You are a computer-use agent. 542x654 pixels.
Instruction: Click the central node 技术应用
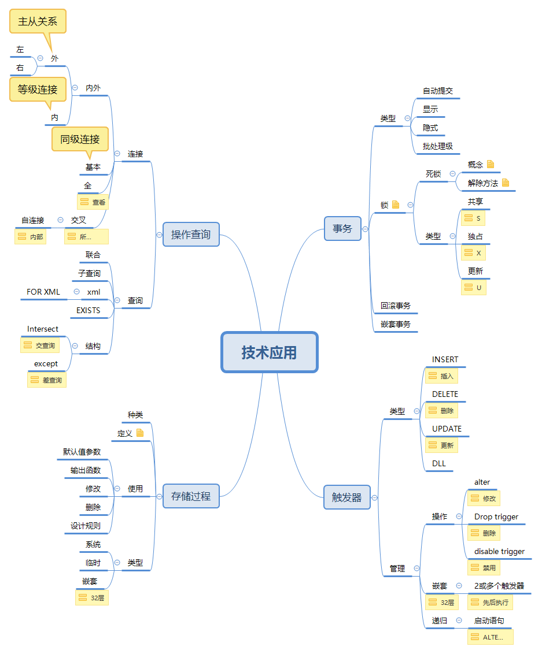270,352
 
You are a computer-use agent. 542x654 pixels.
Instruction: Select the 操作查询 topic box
191,234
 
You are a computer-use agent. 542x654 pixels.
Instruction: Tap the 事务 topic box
342,228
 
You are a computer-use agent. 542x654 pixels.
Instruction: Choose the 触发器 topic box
346,497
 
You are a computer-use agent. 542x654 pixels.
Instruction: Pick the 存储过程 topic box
191,496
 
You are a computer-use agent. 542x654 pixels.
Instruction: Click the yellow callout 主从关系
38,22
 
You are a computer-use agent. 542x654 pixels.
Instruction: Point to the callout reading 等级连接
38,90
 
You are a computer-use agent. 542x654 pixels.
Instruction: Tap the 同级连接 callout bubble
80,139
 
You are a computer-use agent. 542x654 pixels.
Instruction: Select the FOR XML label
43,292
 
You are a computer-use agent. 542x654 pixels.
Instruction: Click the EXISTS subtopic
88,310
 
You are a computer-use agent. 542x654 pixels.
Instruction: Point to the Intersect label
43,329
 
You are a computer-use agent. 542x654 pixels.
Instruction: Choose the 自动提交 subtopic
437,91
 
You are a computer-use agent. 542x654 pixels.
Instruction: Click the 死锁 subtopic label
433,173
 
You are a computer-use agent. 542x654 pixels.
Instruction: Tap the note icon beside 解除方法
506,183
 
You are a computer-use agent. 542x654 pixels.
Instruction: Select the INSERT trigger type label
445,359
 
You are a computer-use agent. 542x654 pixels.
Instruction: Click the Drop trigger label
496,516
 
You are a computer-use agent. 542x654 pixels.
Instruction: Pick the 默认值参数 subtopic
82,452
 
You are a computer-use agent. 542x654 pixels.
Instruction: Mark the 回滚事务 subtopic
396,306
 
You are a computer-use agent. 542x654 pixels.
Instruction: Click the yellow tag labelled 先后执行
491,603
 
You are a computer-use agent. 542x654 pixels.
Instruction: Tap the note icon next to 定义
140,433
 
